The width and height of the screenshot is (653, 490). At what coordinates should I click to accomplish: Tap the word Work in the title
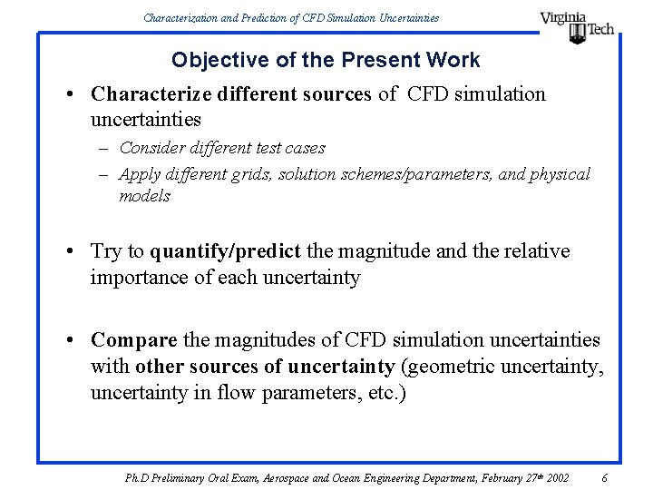[x=455, y=61]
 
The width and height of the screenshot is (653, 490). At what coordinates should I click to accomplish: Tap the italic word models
[x=144, y=196]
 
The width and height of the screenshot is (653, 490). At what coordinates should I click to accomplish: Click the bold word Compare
[x=134, y=340]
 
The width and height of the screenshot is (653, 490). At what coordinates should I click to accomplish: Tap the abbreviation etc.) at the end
[x=391, y=393]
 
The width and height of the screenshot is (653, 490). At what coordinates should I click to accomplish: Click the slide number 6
[x=604, y=477]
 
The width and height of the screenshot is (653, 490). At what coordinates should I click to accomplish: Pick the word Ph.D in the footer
[x=138, y=477]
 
